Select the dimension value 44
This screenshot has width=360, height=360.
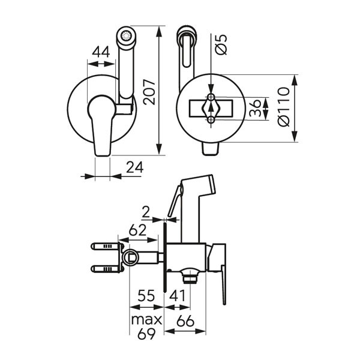tap(101, 53)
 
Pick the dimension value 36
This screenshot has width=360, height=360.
tap(256, 109)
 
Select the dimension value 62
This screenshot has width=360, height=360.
tap(139, 229)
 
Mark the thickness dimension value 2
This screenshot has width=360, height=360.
tap(146, 211)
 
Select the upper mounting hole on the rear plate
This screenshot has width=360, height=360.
tap(211, 98)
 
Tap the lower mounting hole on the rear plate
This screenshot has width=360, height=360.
tap(211, 120)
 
